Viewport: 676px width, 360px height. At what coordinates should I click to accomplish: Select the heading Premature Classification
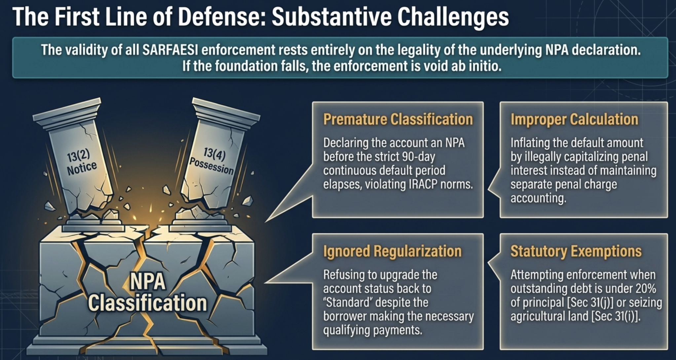tap(398, 119)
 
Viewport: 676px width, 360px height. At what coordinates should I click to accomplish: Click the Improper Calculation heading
tap(575, 119)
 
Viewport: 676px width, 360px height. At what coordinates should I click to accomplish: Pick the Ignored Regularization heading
tap(392, 251)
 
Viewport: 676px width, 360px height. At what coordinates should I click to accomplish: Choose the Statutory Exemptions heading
tap(576, 251)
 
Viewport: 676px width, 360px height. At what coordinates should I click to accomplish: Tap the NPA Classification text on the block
tap(147, 293)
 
